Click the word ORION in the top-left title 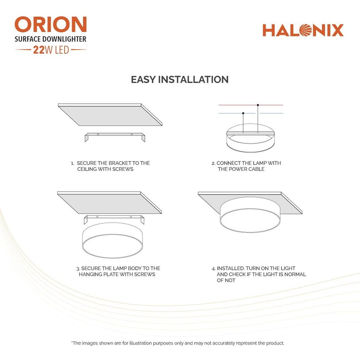pyautogui.click(x=51, y=24)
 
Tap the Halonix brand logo pyautogui.click(x=303, y=30)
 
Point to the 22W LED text pyautogui.click(x=51, y=50)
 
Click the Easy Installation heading pyautogui.click(x=180, y=80)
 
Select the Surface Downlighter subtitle pyautogui.click(x=51, y=39)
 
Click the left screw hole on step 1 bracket pyautogui.click(x=98, y=134)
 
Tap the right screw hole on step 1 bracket pyautogui.click(x=132, y=134)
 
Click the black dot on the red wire pyautogui.click(x=258, y=105)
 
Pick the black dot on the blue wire pyautogui.click(x=243, y=113)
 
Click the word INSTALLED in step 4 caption pyautogui.click(x=231, y=268)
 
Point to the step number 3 pyautogui.click(x=78, y=269)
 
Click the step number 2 pyautogui.click(x=213, y=163)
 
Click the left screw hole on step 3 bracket pyautogui.click(x=97, y=217)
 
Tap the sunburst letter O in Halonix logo pyautogui.click(x=306, y=30)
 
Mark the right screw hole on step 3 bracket pyautogui.click(x=131, y=217)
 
